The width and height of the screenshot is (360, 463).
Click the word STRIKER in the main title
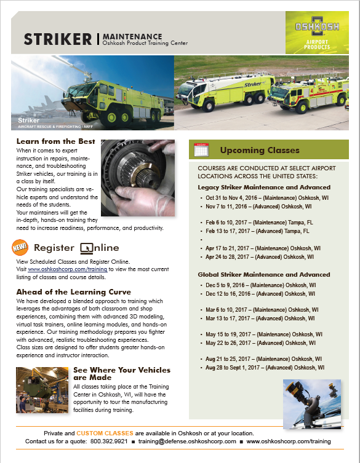[x=57, y=39]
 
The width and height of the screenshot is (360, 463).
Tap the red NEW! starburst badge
[x=20, y=248]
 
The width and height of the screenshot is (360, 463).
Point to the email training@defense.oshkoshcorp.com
[x=187, y=441]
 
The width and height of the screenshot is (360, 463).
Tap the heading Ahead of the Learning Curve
[x=73, y=292]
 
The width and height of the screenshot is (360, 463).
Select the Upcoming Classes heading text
[x=260, y=150]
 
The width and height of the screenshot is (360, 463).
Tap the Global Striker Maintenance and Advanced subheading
[x=264, y=274]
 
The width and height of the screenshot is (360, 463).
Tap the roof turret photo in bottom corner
[x=309, y=402]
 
